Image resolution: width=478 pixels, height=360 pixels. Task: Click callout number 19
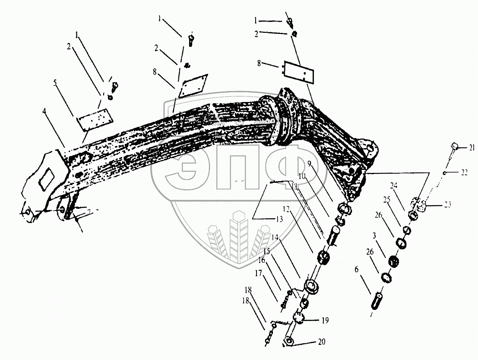coord(325,320)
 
